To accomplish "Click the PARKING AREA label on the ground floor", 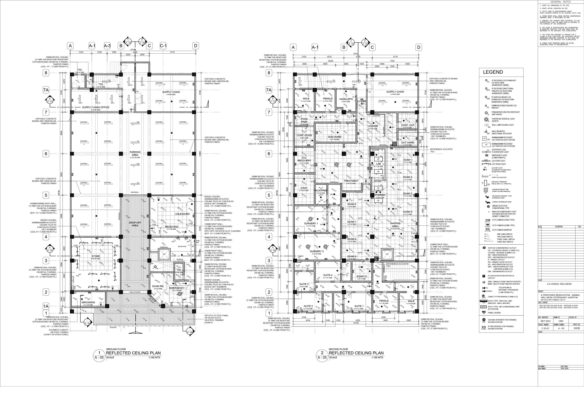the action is [x=135, y=153].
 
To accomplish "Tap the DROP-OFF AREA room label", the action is [x=134, y=224].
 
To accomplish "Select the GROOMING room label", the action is [x=88, y=302].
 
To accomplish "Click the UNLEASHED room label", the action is [x=182, y=214].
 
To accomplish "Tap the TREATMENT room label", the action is [x=351, y=181].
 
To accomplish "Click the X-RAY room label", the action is [x=304, y=188].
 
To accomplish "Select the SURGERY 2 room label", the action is [x=317, y=252].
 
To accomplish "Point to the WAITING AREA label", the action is [x=395, y=225].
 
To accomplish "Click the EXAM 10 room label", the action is [x=362, y=276].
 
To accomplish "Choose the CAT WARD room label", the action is [x=407, y=142].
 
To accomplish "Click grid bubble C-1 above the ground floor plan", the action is [x=163, y=46].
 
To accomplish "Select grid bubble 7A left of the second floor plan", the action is [x=269, y=90].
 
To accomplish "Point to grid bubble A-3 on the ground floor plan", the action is [x=107, y=46].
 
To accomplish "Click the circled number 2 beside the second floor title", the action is [x=322, y=352].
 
